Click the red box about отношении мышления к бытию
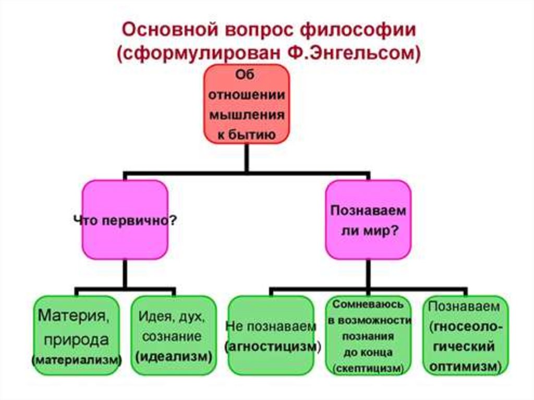point(246,104)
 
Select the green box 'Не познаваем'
point(271,335)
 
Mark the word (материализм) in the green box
point(76,360)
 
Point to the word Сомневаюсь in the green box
point(369,304)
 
